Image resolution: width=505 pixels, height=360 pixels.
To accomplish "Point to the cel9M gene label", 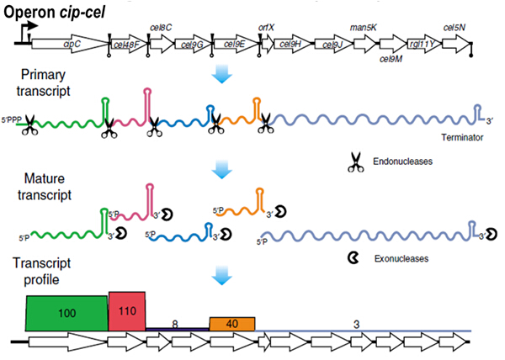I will tap(394, 58).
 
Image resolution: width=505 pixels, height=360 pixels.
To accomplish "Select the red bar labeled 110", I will tap(127, 310).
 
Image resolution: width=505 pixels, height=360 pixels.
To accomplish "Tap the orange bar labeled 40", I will tap(231, 323).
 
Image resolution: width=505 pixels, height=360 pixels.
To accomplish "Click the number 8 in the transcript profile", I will tap(175, 321).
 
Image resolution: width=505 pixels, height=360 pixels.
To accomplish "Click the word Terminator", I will tap(464, 137).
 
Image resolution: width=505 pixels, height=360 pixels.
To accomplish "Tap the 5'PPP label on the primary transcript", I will tap(12, 119).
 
